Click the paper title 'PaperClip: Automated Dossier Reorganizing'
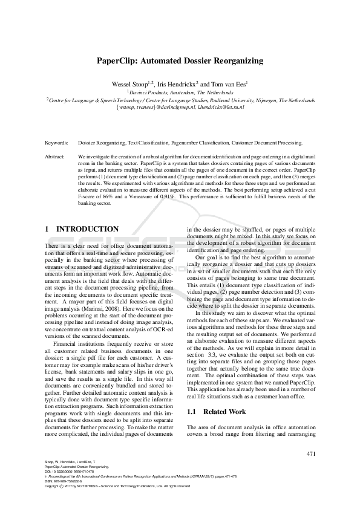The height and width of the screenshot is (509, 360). click(180, 61)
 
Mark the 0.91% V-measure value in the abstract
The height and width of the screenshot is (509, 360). click(175, 197)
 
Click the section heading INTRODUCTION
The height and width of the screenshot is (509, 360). click(87, 229)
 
